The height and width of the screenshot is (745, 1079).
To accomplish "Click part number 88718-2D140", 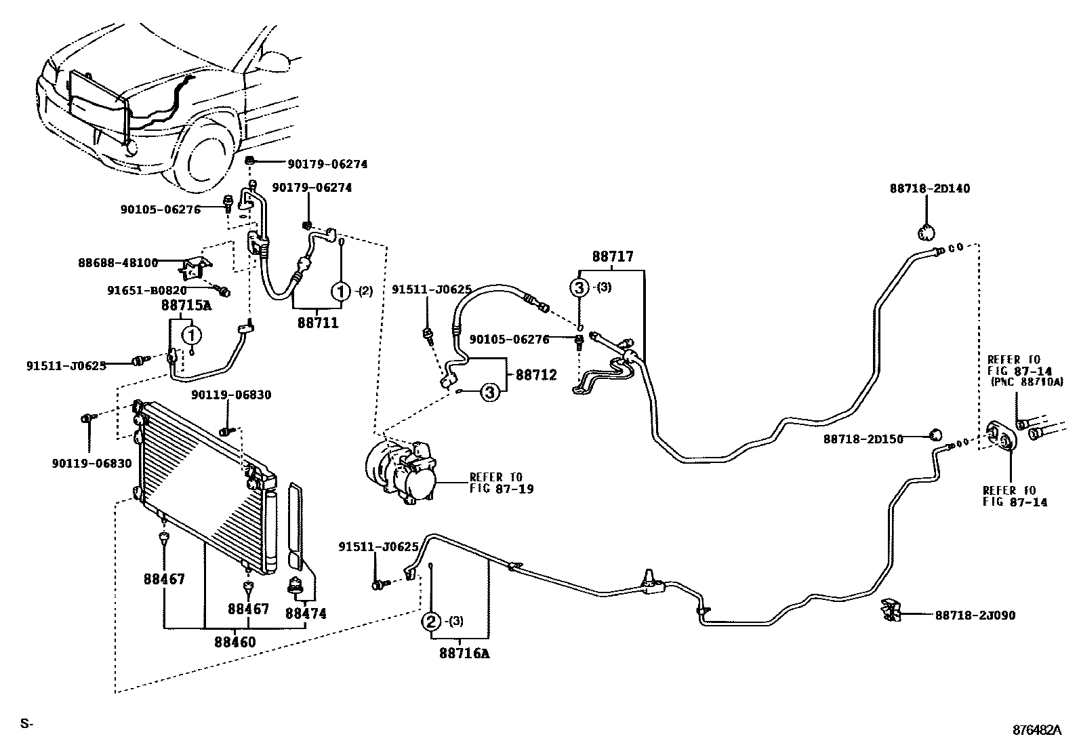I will click(929, 188).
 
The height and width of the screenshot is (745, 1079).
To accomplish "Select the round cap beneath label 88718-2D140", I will click(926, 233).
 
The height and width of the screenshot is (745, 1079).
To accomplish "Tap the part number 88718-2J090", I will click(975, 616).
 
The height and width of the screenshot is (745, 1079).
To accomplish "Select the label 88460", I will click(235, 641).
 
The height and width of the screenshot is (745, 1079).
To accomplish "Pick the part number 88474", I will click(305, 613).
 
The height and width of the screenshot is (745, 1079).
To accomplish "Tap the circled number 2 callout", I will click(431, 621).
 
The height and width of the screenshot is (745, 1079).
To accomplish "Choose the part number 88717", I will click(612, 257).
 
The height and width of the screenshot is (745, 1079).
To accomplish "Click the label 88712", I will click(536, 375).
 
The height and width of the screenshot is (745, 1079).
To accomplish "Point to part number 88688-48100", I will click(117, 262).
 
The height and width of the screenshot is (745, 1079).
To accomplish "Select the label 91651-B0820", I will click(147, 290).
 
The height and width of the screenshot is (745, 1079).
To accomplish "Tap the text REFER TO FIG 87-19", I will click(501, 483).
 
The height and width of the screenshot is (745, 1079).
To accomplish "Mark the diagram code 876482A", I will click(1036, 730).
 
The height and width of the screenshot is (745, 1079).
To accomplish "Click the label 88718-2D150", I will click(863, 439).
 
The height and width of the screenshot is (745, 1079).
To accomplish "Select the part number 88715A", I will click(186, 306).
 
